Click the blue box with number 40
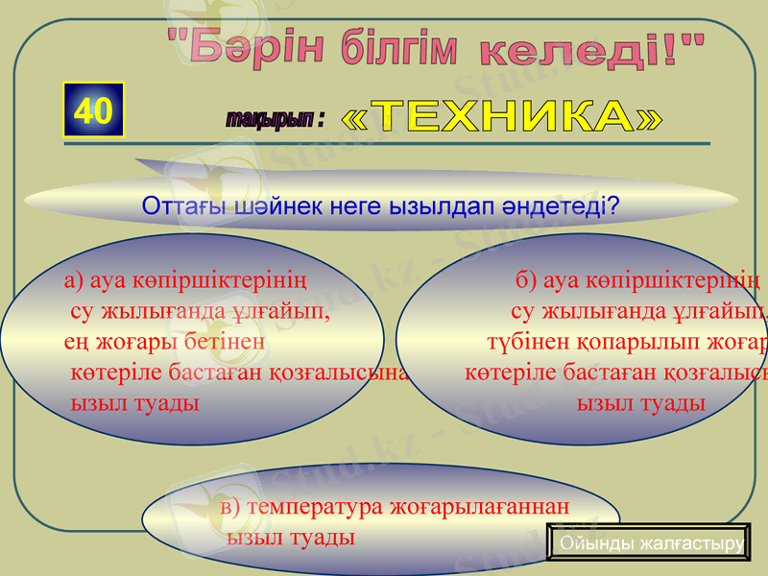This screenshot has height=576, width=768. tap(93, 110)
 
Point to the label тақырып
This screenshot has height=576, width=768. tap(271, 118)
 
